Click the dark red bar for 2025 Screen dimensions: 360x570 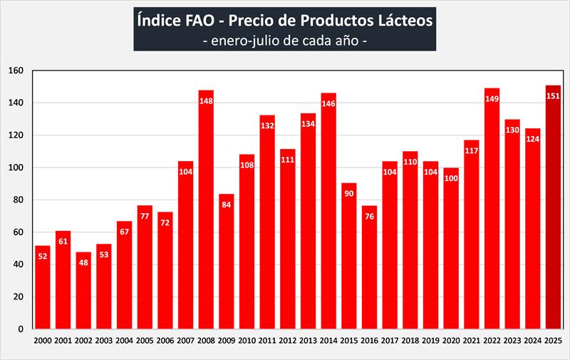(x=553, y=214)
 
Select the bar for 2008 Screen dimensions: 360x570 (x=206, y=214)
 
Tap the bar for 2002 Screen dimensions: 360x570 (x=83, y=292)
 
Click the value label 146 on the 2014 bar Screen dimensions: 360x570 (x=328, y=104)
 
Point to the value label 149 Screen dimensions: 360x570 (x=492, y=99)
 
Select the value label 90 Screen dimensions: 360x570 (x=349, y=194)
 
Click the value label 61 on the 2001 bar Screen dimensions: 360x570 (x=63, y=242)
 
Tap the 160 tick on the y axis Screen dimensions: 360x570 (x=16, y=71)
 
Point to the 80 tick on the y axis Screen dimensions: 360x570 (x=19, y=200)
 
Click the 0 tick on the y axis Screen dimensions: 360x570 (x=21, y=329)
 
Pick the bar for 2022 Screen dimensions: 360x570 (x=492, y=214)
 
